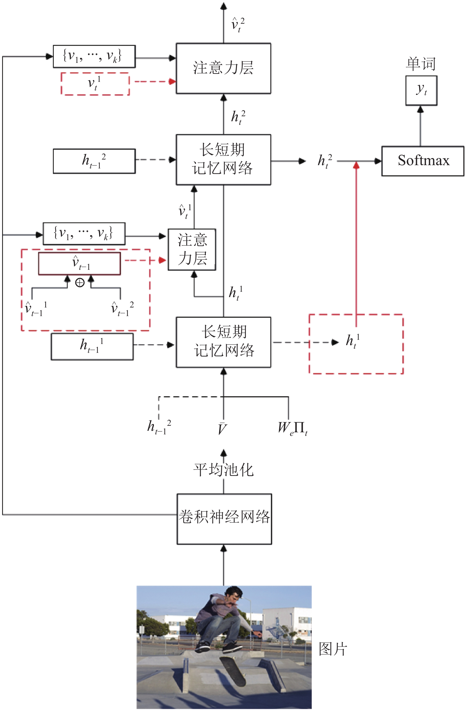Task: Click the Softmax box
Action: pyautogui.click(x=423, y=161)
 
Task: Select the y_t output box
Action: pyautogui.click(x=421, y=90)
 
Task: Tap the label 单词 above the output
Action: pyautogui.click(x=421, y=64)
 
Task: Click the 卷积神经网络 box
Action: pyautogui.click(x=224, y=519)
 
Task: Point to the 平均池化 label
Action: pyautogui.click(x=224, y=470)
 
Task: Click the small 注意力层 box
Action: pyautogui.click(x=192, y=249)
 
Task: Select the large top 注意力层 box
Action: pyautogui.click(x=224, y=68)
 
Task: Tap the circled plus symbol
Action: pyautogui.click(x=79, y=282)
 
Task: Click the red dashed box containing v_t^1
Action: pyautogui.click(x=95, y=84)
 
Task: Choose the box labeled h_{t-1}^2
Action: pyautogui.click(x=94, y=161)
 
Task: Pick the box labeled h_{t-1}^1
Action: pyautogui.click(x=92, y=347)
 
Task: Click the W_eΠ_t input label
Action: pyautogui.click(x=293, y=428)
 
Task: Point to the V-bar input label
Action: pyautogui.click(x=222, y=428)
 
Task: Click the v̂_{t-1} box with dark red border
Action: pyautogui.click(x=79, y=264)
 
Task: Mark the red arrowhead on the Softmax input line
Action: pyautogui.click(x=356, y=165)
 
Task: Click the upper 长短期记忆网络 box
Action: pyautogui.click(x=224, y=160)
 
